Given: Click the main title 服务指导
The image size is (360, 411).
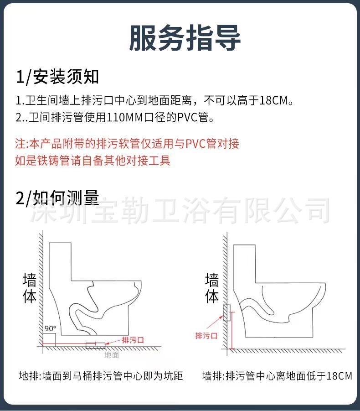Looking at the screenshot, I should click(185, 37).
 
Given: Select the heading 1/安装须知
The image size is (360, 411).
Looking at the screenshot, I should click(57, 77).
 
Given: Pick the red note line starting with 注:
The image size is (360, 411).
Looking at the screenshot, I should click(127, 144).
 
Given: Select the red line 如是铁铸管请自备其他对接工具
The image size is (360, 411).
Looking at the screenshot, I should click(93, 161).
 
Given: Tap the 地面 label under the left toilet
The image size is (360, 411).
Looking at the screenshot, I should click(112, 354).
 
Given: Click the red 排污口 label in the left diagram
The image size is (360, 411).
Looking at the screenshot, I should click(133, 340).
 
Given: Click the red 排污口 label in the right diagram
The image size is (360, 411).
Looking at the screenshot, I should click(206, 336).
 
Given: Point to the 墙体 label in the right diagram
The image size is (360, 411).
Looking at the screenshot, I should click(212, 289).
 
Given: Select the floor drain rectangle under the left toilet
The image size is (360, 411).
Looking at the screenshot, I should click(95, 344).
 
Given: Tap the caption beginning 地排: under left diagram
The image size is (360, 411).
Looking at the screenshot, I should click(101, 376).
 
